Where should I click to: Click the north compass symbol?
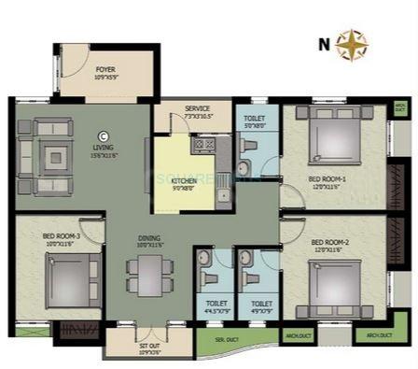pyautogui.click(x=352, y=44)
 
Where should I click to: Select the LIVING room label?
pyautogui.click(x=103, y=148)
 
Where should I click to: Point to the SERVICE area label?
pyautogui.click(x=197, y=110)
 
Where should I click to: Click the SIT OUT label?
pyautogui.click(x=150, y=347)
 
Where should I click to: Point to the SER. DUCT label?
pyautogui.click(x=223, y=337)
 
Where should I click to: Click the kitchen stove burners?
pyautogui.click(x=202, y=145)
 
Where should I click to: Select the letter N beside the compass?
pyautogui.click(x=324, y=43)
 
